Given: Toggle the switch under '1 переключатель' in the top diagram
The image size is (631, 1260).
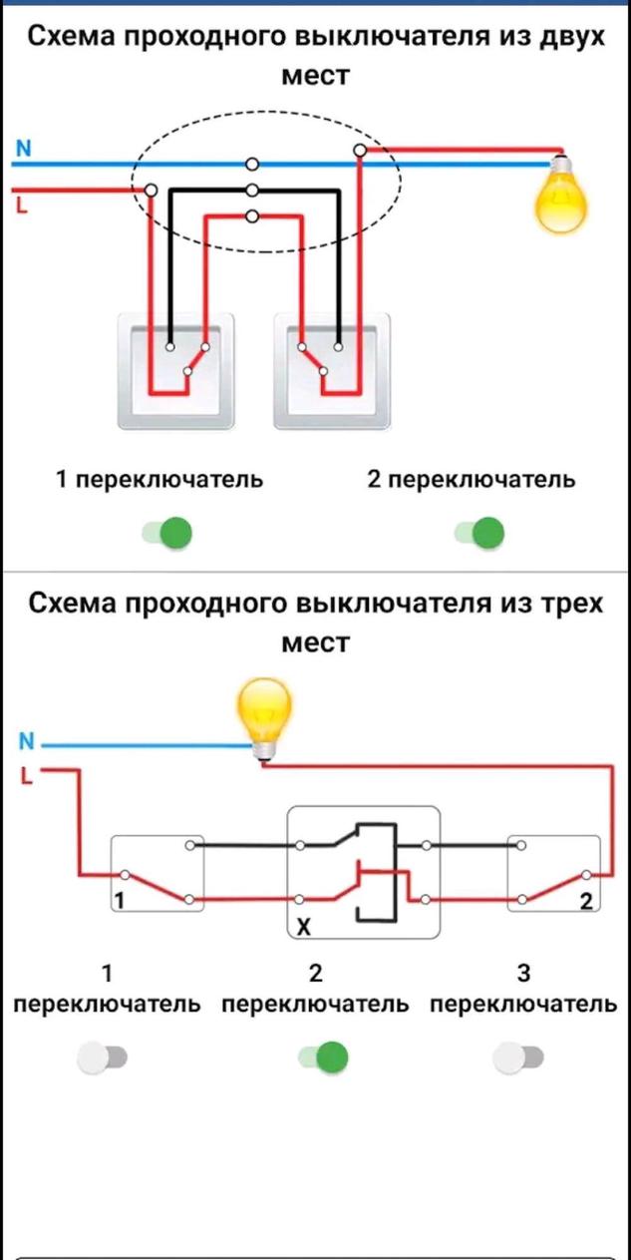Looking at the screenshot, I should click(x=166, y=533).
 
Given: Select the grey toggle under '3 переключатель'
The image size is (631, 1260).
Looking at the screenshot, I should click(x=518, y=1057).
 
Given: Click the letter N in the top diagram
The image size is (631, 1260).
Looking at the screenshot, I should click(x=23, y=149).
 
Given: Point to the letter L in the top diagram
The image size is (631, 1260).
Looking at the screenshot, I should click(x=21, y=206).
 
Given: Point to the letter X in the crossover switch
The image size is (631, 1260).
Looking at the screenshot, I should click(x=304, y=928).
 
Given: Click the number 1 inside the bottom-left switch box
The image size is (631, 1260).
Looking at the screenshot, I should click(x=120, y=901).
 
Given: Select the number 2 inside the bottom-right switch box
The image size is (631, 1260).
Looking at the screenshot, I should click(x=585, y=901).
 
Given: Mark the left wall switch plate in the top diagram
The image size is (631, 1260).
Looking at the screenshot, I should click(x=176, y=371).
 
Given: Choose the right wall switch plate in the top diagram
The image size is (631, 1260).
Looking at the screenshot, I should click(x=332, y=371).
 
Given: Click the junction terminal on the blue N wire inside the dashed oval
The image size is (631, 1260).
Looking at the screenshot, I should click(x=252, y=164).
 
